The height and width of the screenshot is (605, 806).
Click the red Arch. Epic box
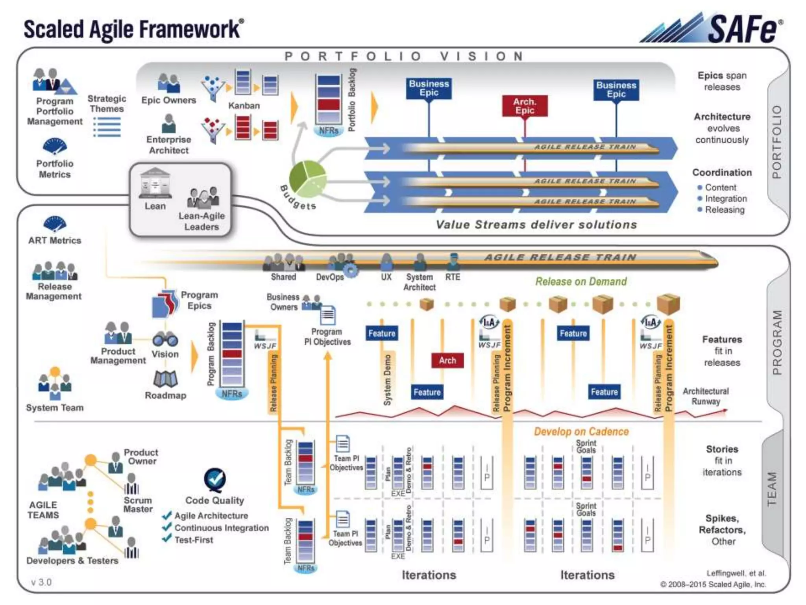pyautogui.click(x=525, y=106)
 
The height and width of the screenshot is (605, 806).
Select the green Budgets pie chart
pyautogui.click(x=307, y=178)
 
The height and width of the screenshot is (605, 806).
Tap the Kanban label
pyautogui.click(x=244, y=106)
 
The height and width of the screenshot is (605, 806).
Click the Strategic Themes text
pyautogui.click(x=107, y=104)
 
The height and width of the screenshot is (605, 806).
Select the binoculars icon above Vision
pyautogui.click(x=165, y=339)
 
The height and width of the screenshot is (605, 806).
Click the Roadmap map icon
pyautogui.click(x=165, y=379)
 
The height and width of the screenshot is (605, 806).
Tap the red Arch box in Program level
pyautogui.click(x=447, y=360)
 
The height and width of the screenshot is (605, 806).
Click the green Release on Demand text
pyautogui.click(x=581, y=282)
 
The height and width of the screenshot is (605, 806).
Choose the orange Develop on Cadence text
pyautogui.click(x=581, y=432)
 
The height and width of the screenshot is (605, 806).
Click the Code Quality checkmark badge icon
pyautogui.click(x=215, y=479)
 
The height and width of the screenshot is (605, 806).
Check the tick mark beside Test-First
pyautogui.click(x=167, y=538)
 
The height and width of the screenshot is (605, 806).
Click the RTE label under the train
pyautogui.click(x=453, y=277)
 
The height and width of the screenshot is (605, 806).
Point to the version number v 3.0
pyautogui.click(x=41, y=582)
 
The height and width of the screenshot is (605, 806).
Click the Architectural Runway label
pyautogui.click(x=706, y=396)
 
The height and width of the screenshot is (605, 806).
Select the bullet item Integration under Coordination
pyautogui.click(x=725, y=199)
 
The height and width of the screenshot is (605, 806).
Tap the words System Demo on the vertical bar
pyautogui.click(x=388, y=380)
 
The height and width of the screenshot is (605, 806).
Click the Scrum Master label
pyautogui.click(x=138, y=505)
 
